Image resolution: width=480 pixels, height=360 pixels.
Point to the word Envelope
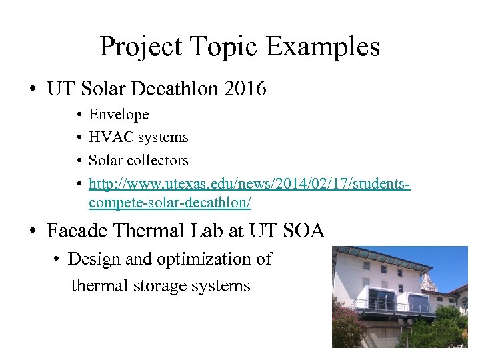tap(119, 115)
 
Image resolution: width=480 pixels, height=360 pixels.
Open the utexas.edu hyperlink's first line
tap(249, 183)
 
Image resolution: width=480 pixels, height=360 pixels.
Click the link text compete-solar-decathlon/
tap(170, 201)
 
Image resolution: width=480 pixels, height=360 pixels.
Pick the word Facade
tap(79, 231)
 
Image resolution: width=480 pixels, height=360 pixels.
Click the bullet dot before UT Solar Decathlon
tap(33, 89)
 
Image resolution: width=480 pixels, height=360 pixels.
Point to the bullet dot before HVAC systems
tap(79, 138)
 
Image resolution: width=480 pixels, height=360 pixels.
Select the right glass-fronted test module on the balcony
tap(419, 303)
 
